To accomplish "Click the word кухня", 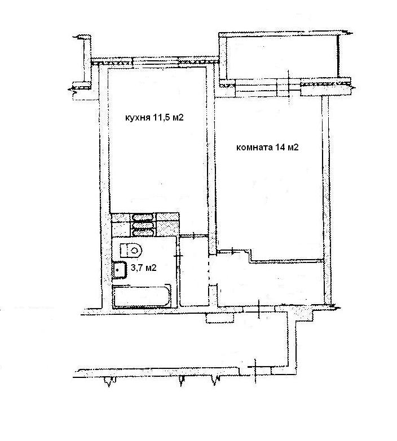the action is pyautogui.click(x=138, y=118).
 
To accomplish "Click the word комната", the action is pyautogui.click(x=254, y=148).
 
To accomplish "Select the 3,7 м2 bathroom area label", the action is pyautogui.click(x=144, y=268).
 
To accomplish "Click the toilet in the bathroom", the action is pyautogui.click(x=131, y=250).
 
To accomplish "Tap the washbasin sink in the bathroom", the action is pyautogui.click(x=120, y=270).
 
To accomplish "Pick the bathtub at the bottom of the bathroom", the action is pyautogui.click(x=142, y=296).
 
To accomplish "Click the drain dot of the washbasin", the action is pyautogui.click(x=118, y=269).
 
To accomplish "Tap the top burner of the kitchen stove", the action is pyautogui.click(x=143, y=217).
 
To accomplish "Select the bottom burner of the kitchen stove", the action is pyautogui.click(x=143, y=232).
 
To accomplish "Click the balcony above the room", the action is pyautogui.click(x=283, y=56).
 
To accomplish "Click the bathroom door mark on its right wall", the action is pyautogui.click(x=178, y=256).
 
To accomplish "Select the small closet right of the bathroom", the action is pyautogui.click(x=194, y=272).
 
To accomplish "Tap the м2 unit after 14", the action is pyautogui.click(x=293, y=147).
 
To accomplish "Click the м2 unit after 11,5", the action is pyautogui.click(x=178, y=117).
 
